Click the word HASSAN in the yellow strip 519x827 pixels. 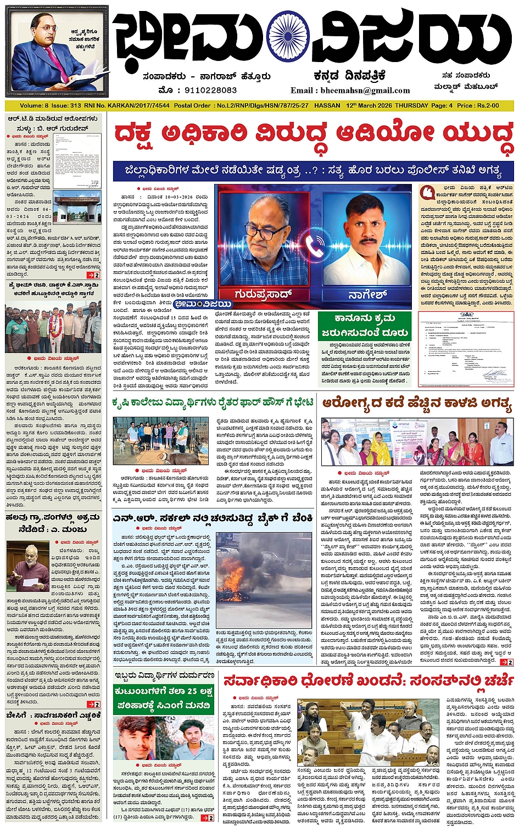point(327,105)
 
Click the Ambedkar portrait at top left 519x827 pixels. point(54,53)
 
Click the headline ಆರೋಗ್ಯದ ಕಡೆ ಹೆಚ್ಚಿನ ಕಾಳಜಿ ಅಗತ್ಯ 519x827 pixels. point(417,404)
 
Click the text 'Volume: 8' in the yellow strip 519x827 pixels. point(34,105)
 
